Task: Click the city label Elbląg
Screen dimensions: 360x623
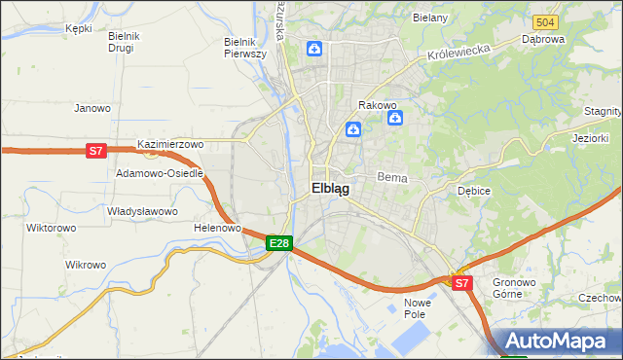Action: click(x=330, y=189)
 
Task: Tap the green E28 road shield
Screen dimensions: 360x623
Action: click(x=278, y=242)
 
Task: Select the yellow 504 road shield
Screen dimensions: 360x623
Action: click(x=545, y=22)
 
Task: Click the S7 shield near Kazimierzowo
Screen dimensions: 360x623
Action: click(x=95, y=151)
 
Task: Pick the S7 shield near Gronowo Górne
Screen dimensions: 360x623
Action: click(x=462, y=283)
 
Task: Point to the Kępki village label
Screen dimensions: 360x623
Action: click(x=78, y=28)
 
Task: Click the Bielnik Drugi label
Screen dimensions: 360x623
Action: click(x=126, y=42)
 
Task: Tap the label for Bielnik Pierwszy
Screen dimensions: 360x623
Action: click(x=245, y=48)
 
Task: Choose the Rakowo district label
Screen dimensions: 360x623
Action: click(x=377, y=104)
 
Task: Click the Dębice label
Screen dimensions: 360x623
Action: click(x=473, y=191)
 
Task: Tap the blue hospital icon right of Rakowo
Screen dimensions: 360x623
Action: click(x=395, y=119)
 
